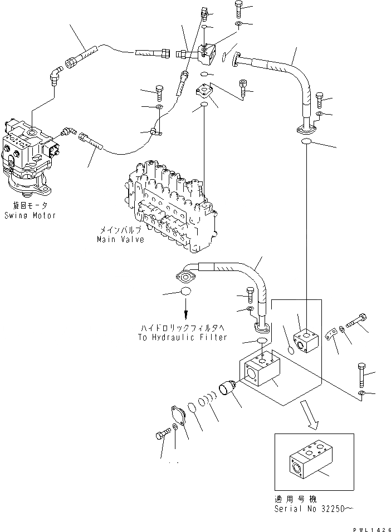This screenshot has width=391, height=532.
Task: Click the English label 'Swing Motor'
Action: pyautogui.click(x=30, y=215)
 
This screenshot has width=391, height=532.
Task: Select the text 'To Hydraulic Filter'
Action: pyautogui.click(x=183, y=337)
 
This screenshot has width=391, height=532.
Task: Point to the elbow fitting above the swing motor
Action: pyautogui.click(x=55, y=76)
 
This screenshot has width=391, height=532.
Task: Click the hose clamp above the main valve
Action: pyautogui.click(x=157, y=131)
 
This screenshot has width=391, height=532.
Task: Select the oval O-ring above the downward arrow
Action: pyautogui.click(x=186, y=292)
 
